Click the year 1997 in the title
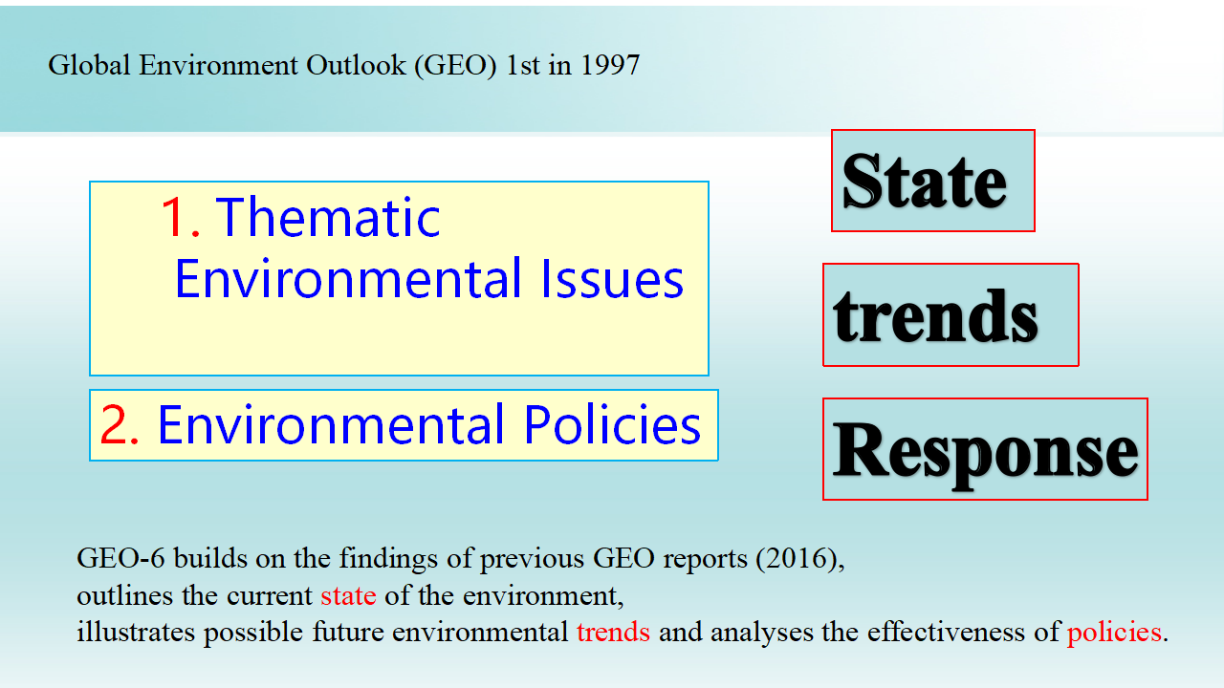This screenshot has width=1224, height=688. pyautogui.click(x=610, y=66)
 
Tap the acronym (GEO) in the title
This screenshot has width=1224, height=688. pyautogui.click(x=456, y=66)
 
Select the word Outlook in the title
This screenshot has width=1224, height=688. pyautogui.click(x=356, y=66)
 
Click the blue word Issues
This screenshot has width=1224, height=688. pyautogui.click(x=612, y=278)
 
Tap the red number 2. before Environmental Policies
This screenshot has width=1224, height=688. pyautogui.click(x=120, y=424)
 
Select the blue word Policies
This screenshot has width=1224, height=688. pyautogui.click(x=612, y=424)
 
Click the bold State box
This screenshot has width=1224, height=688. pyautogui.click(x=932, y=181)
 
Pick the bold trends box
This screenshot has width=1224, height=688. pyautogui.click(x=951, y=314)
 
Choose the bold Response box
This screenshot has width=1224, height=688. pyautogui.click(x=985, y=449)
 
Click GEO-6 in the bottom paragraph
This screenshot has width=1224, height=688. pyautogui.click(x=120, y=558)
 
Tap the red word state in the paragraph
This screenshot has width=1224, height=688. pyautogui.click(x=348, y=595)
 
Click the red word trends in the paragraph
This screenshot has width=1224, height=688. pyautogui.click(x=613, y=633)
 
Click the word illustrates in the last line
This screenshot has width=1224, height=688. pyautogui.click(x=136, y=632)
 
